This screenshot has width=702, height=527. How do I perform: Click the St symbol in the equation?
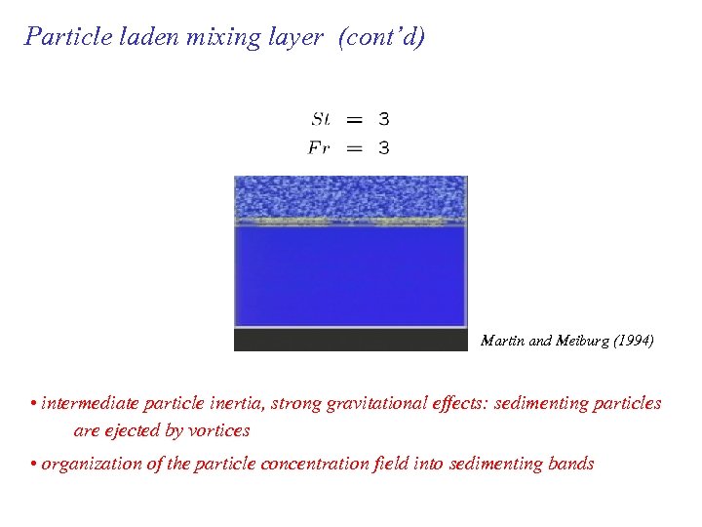pyautogui.click(x=321, y=119)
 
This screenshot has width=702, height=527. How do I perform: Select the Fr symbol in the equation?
pyautogui.click(x=320, y=148)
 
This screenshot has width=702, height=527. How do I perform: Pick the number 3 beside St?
pyautogui.click(x=384, y=119)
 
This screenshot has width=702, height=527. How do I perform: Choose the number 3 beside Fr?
pyautogui.click(x=384, y=148)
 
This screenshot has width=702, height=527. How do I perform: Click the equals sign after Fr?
pyautogui.click(x=355, y=148)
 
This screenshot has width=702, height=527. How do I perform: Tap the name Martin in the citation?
pyautogui.click(x=501, y=341)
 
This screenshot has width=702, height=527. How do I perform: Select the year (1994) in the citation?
pyautogui.click(x=634, y=341)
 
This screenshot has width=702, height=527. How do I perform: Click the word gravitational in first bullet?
pyautogui.click(x=380, y=404)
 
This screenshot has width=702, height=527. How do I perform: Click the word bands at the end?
pyautogui.click(x=568, y=464)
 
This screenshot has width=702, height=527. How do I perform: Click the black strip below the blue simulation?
pyautogui.click(x=351, y=340)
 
